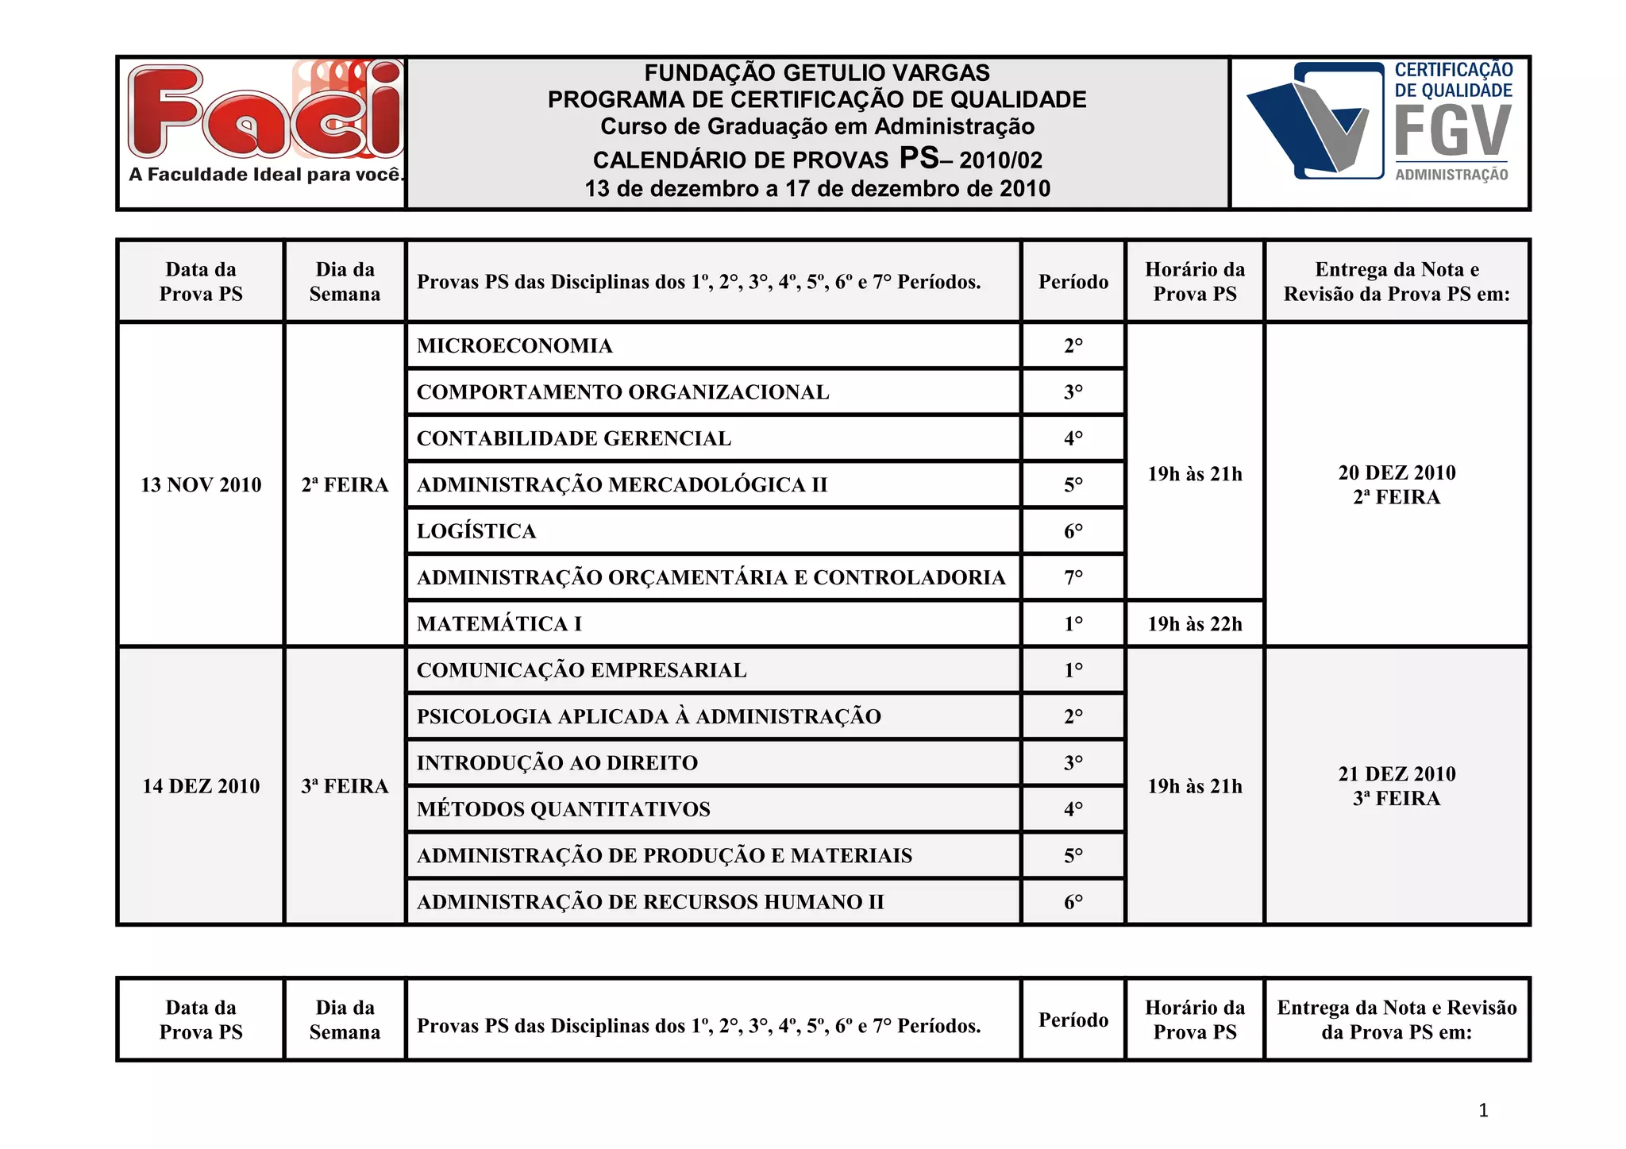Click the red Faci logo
tap(264, 110)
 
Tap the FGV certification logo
tap(1380, 121)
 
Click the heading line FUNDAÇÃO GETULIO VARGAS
tap(817, 73)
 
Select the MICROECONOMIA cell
tap(514, 346)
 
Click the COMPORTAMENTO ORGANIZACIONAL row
tap(622, 392)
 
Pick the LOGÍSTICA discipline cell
tap(476, 531)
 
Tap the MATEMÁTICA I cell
tap(499, 624)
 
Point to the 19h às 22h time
tap(1194, 624)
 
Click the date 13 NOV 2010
tap(201, 485)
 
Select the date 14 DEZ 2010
tap(201, 786)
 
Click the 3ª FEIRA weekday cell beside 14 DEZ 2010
tap(345, 786)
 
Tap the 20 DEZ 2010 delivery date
tap(1397, 473)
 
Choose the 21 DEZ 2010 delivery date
tap(1397, 774)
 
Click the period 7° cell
tap(1073, 578)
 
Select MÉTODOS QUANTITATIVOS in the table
tap(563, 809)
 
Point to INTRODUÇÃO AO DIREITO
tap(557, 763)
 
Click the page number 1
tap(1483, 1110)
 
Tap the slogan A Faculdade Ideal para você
tap(266, 175)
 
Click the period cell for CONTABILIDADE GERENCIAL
tap(1073, 438)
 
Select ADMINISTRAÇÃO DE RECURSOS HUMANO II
tap(649, 902)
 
